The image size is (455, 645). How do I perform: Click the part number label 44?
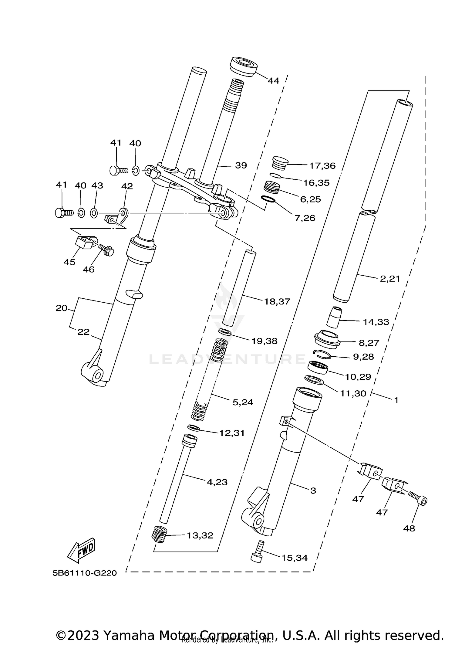tap(273, 81)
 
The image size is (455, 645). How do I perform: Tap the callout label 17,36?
tap(322, 166)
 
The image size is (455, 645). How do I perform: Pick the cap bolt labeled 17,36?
tap(279, 163)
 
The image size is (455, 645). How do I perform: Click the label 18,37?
tap(277, 302)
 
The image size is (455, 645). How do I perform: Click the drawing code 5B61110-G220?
tap(85, 573)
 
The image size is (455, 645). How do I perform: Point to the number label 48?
tap(409, 528)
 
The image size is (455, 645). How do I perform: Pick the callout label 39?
tap(241, 165)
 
